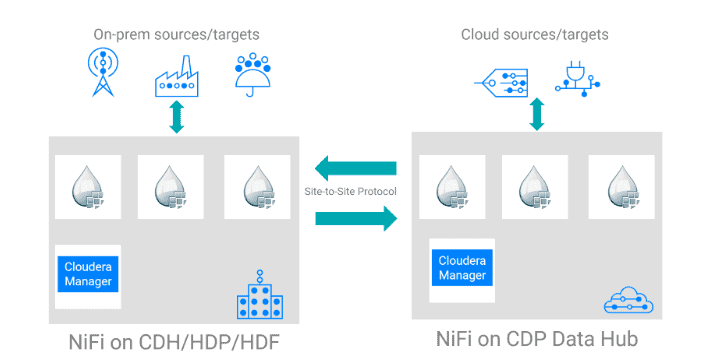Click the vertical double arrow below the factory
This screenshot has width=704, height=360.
[177, 116]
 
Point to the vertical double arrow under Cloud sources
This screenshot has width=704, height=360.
[537, 114]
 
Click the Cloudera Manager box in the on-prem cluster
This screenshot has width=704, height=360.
[87, 272]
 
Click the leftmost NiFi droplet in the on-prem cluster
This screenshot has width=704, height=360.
[87, 187]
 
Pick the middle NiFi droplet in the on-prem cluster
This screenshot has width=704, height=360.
[170, 187]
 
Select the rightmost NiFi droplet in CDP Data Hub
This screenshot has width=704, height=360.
[621, 187]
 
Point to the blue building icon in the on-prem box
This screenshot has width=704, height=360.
[260, 296]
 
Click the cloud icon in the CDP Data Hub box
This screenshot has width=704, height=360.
[625, 300]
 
